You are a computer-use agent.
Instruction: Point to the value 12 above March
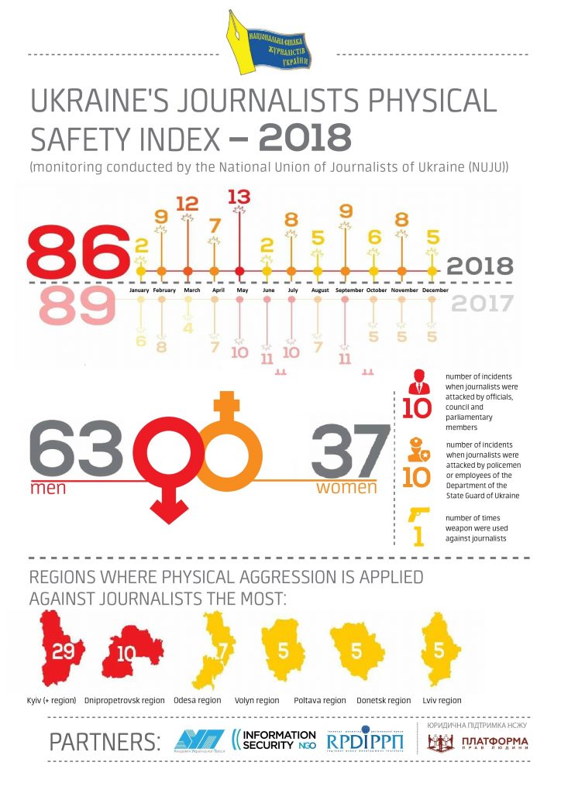[x=188, y=204]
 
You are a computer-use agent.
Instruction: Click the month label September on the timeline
[x=344, y=290]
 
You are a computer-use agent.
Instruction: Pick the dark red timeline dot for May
[x=240, y=271]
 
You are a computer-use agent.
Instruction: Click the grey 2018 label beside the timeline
[x=480, y=266]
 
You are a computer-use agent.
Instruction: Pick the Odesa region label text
[x=198, y=701]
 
